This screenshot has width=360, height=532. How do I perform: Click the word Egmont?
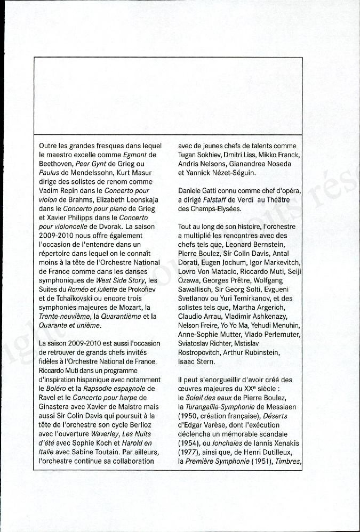pyautogui.click(x=134, y=155)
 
